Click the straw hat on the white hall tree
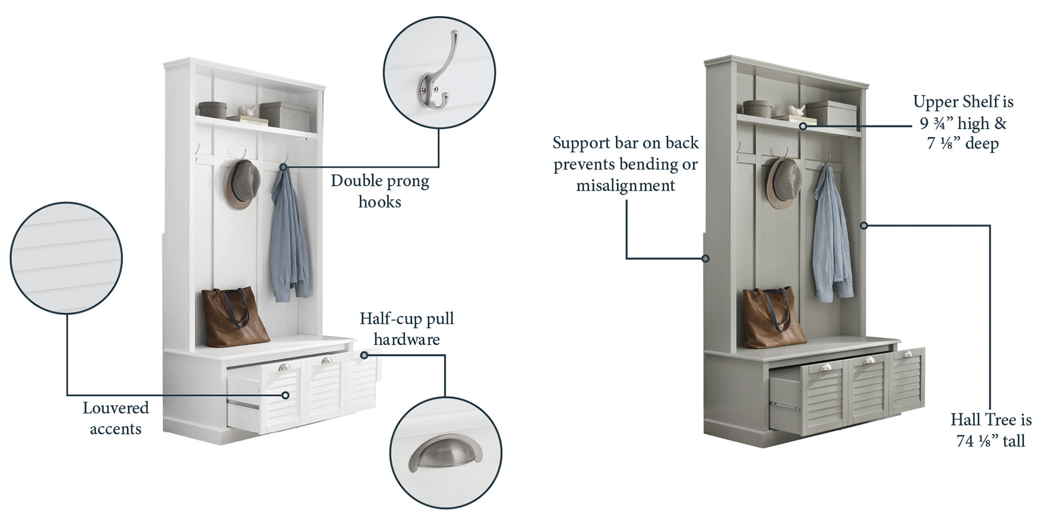point(243,184)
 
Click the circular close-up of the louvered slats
point(66,258)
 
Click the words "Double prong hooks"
point(380,191)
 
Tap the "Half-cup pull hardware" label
point(407,328)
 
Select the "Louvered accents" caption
point(116,418)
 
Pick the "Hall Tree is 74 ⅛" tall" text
point(991,430)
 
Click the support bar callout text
point(626,164)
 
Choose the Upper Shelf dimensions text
point(964,122)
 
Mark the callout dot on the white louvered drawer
point(285,395)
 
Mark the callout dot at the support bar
point(705,258)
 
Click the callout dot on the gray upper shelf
point(803,126)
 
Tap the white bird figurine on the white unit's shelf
point(247,111)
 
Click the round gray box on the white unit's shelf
point(212,110)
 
